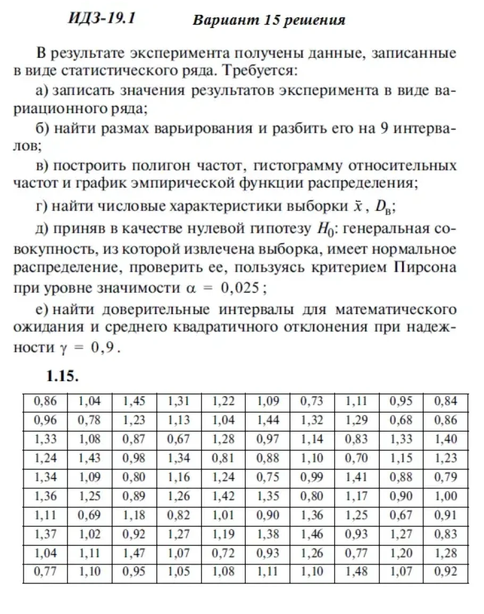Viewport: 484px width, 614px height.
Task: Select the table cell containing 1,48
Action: [x=357, y=573]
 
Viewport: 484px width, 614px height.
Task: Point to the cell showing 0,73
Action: [x=312, y=401]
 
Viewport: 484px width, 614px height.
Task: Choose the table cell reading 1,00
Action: [x=446, y=497]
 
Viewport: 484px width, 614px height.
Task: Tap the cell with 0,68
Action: [x=401, y=420]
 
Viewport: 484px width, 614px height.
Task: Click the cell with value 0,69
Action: [x=89, y=516]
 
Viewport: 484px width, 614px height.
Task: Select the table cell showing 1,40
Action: [x=446, y=439]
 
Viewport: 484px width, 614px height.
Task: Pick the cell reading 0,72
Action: [x=223, y=554]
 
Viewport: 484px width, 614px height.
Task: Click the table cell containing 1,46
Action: [x=312, y=535]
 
